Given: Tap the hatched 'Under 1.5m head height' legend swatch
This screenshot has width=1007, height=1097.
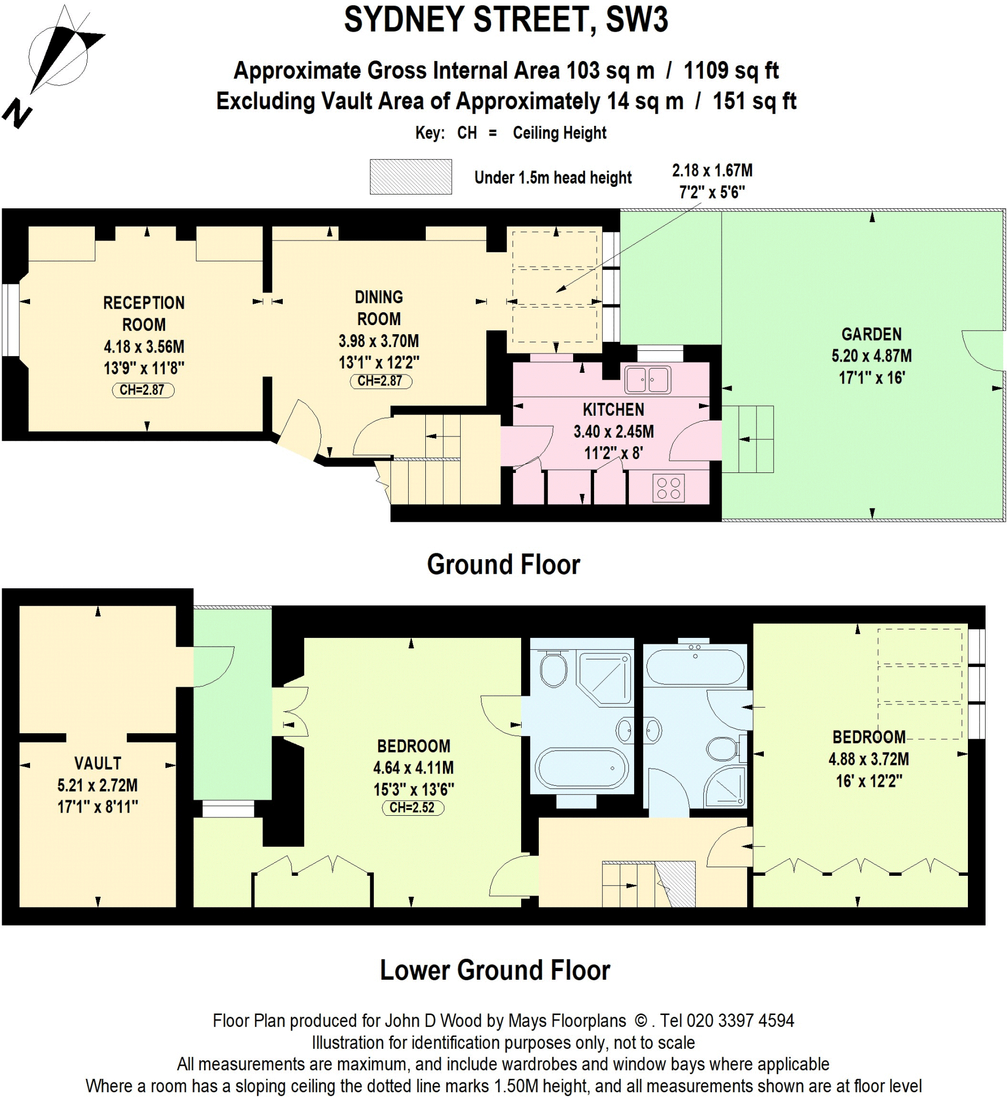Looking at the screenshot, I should [x=410, y=177].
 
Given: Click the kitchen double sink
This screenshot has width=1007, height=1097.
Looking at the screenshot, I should [x=647, y=380].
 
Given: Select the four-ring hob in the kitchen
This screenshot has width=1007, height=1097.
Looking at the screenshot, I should [x=668, y=488].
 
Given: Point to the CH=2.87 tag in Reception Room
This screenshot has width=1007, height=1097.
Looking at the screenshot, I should [x=143, y=390].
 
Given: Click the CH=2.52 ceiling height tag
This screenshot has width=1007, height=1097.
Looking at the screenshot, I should [x=412, y=808].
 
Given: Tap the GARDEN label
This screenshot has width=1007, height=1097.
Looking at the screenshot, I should [x=871, y=334].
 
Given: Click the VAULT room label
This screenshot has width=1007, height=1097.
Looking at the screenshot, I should [x=97, y=763].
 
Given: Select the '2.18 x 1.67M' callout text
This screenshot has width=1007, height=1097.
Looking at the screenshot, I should [x=712, y=170].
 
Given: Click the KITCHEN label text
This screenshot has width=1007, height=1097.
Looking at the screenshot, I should [x=613, y=409].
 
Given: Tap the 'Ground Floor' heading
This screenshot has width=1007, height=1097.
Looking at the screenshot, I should [x=503, y=565].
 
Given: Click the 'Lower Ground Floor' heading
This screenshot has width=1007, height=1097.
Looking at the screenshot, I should [x=494, y=971].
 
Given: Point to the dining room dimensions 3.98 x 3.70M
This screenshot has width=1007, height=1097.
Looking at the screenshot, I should [x=379, y=341].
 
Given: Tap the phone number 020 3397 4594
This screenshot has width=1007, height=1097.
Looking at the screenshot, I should [x=740, y=1020].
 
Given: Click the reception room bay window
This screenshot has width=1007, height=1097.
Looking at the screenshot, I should [x=10, y=319].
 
